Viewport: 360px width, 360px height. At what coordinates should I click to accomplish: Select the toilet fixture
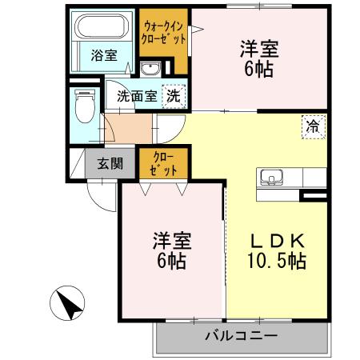[83, 104]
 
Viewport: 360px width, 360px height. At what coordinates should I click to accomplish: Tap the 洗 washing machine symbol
[173, 95]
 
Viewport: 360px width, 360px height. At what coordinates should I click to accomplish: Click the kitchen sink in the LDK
[270, 177]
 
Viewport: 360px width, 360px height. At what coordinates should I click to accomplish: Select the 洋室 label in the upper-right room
[258, 48]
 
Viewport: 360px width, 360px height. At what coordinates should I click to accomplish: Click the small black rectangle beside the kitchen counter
[314, 194]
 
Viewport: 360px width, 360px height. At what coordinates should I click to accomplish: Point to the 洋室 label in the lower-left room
[172, 241]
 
